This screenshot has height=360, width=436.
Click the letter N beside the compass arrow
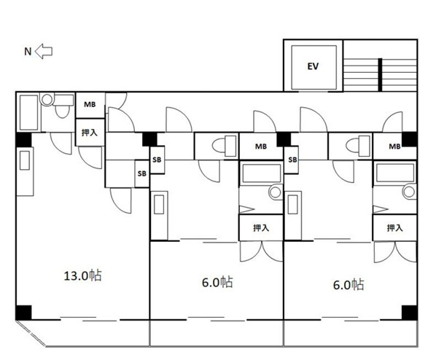pyautogui.click(x=28, y=52)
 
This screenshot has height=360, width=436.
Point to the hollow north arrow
pyautogui.click(x=44, y=52)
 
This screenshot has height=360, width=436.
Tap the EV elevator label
pyautogui.click(x=313, y=66)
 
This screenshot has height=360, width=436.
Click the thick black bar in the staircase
pyautogui.click(x=380, y=74)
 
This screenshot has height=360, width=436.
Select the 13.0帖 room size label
pyautogui.click(x=83, y=275)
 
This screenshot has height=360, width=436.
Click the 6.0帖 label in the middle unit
pyautogui.click(x=217, y=282)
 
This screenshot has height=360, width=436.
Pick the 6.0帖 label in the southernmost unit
pyautogui.click(x=349, y=285)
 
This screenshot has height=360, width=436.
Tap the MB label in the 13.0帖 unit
pyautogui.click(x=90, y=104)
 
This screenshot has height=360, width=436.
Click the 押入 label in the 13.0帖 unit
pyautogui.click(x=90, y=133)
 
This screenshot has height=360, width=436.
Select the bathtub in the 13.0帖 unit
pyautogui.click(x=29, y=112)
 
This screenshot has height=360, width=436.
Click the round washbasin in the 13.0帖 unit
pyautogui.click(x=47, y=99)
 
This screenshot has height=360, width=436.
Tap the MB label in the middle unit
pyautogui.click(x=261, y=146)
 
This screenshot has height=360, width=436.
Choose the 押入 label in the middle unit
pyautogui.click(x=261, y=228)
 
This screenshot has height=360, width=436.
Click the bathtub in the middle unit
pyautogui.click(x=261, y=173)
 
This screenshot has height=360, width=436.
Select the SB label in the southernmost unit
pyautogui.click(x=292, y=160)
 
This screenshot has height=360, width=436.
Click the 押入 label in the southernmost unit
pyautogui.click(x=395, y=228)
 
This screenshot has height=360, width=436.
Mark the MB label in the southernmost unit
pyautogui.click(x=394, y=146)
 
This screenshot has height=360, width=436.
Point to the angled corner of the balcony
pyautogui.click(x=31, y=333)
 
